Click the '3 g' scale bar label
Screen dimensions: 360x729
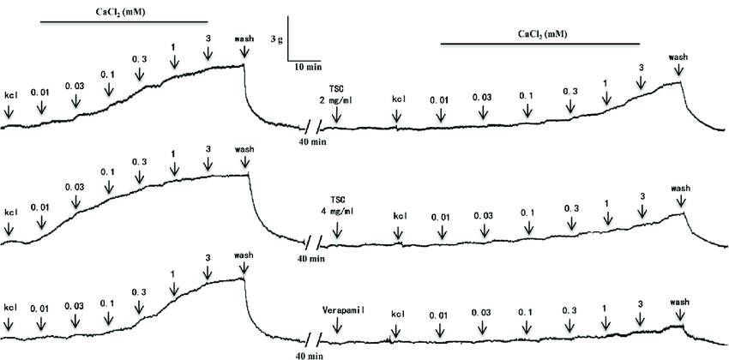[x=276, y=39]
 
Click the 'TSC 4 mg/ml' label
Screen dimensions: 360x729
[x=335, y=205]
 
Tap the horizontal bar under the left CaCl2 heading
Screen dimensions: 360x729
[x=123, y=21]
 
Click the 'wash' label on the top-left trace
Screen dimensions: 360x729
[x=244, y=39]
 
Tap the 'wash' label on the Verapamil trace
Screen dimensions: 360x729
[x=679, y=302]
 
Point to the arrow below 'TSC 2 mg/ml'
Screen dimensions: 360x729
[x=336, y=113]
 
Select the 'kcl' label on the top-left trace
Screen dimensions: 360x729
[x=11, y=95]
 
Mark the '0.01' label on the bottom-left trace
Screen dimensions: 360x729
[x=39, y=308]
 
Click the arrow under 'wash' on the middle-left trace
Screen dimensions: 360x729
[x=247, y=162]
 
